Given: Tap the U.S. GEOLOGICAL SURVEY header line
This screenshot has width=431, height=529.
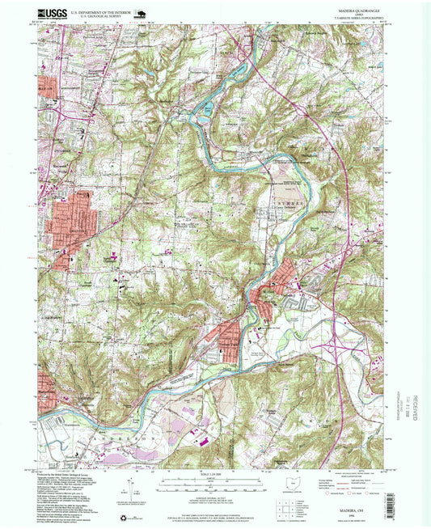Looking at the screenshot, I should [100, 17].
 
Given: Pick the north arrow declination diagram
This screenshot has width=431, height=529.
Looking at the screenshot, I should [129, 487].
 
